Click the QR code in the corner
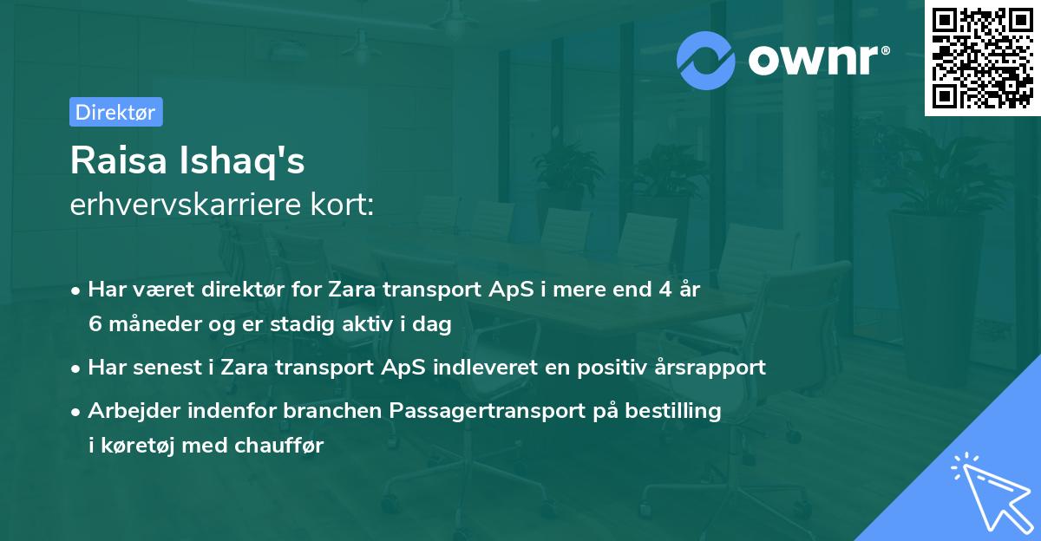982,58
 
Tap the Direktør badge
115,112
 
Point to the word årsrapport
709,368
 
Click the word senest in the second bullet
169,368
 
